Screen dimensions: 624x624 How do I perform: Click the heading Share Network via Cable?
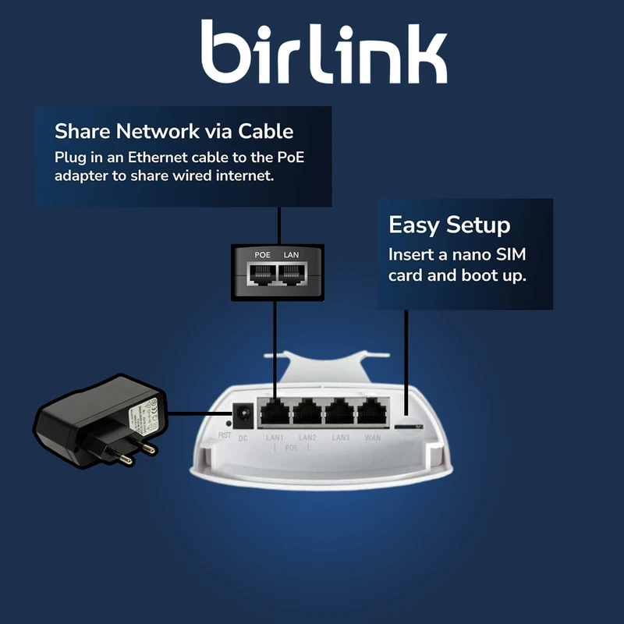click(173, 130)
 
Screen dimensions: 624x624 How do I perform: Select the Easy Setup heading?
click(449, 225)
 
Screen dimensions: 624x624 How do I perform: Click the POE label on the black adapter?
click(262, 255)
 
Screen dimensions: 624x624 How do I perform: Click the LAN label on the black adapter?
click(291, 255)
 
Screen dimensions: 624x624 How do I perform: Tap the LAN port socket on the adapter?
click(291, 273)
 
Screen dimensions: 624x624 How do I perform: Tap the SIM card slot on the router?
click(409, 427)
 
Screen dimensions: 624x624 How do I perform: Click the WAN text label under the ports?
click(373, 438)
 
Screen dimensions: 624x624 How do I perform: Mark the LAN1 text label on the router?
click(275, 438)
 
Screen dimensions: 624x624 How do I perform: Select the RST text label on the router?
click(225, 435)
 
